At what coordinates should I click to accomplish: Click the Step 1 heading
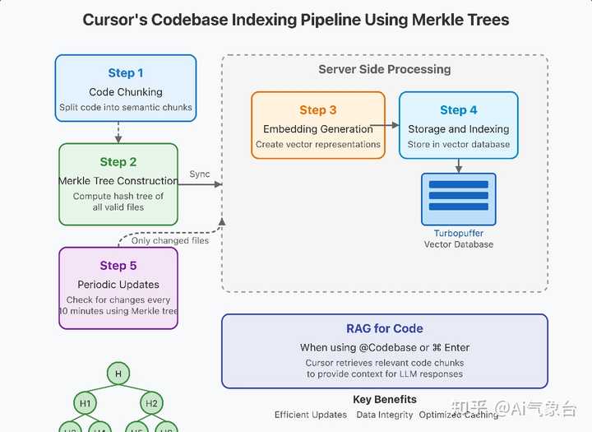(x=126, y=73)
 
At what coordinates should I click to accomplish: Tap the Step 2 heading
(x=118, y=162)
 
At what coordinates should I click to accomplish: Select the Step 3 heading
(x=318, y=110)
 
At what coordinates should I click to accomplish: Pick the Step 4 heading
(x=458, y=110)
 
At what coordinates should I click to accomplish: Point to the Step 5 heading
(x=118, y=266)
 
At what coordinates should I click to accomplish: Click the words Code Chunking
(x=126, y=92)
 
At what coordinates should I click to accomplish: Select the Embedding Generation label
(x=318, y=129)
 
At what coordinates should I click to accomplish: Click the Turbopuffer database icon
(x=458, y=198)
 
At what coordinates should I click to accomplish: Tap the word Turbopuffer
(x=458, y=234)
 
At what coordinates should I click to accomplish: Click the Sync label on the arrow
(x=200, y=174)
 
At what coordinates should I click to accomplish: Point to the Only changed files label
(x=170, y=240)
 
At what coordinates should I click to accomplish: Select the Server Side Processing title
(x=385, y=69)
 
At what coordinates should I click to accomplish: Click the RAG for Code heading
(x=385, y=329)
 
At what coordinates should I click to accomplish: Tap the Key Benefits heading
(x=385, y=400)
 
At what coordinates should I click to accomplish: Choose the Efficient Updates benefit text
(x=311, y=415)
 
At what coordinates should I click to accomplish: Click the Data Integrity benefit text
(x=385, y=415)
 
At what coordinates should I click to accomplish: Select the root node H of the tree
(x=118, y=374)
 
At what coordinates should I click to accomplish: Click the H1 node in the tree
(x=85, y=403)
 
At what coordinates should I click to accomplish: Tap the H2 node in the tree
(x=151, y=403)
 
